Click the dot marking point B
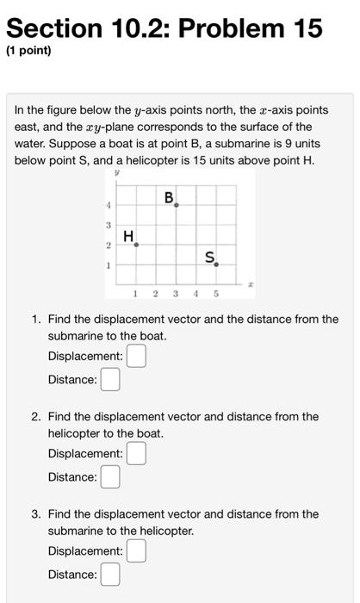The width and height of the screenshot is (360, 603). [177, 205]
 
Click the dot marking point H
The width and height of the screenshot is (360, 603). [136, 245]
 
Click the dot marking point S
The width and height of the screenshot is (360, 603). [216, 264]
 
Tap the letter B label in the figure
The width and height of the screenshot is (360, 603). [170, 198]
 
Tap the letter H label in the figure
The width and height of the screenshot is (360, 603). [128, 235]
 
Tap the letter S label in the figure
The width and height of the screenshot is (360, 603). [210, 256]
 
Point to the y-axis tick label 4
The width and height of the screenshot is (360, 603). [108, 205]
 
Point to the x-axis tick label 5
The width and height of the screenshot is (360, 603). [216, 295]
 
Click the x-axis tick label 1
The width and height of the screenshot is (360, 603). [136, 295]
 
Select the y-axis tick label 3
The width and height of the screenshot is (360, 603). [108, 225]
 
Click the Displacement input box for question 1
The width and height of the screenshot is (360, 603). [136, 356]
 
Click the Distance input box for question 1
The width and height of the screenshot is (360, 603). [109, 379]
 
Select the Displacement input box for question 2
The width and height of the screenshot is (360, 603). [136, 453]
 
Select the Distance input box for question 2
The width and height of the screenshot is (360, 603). [109, 476]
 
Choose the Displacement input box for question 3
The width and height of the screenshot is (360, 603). [136, 550]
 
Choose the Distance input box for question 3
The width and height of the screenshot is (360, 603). [109, 574]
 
